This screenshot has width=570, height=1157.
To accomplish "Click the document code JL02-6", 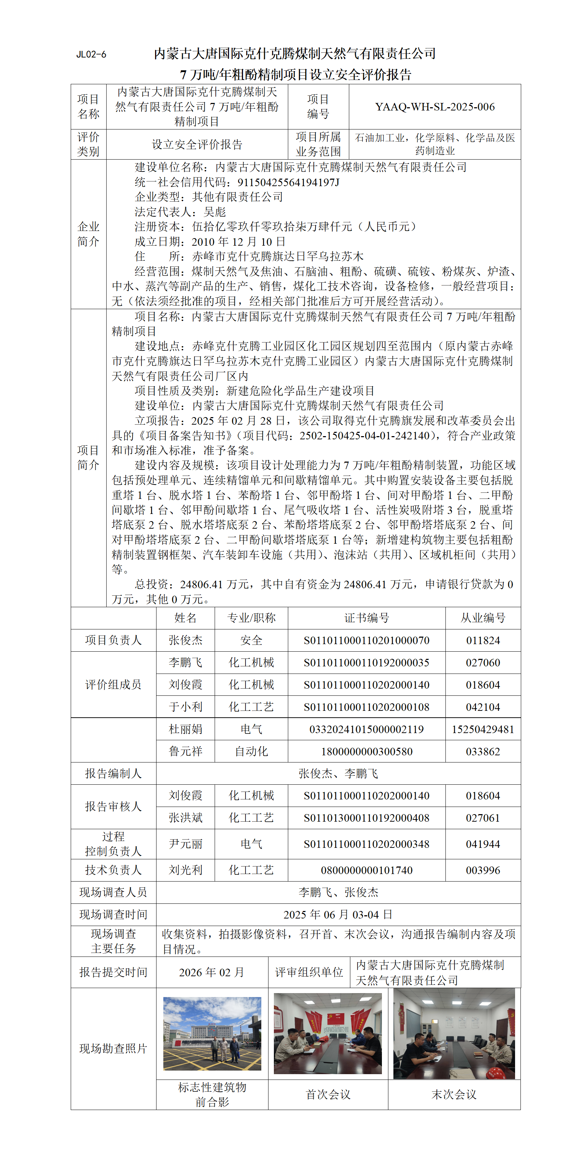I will point(91,55).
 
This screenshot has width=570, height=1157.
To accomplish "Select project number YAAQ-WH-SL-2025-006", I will point(434,107).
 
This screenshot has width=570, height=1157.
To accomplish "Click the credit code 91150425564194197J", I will point(288,182).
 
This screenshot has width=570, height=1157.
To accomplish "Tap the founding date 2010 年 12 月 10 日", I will point(238,242).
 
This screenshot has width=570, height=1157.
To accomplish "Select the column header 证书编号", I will point(366,618).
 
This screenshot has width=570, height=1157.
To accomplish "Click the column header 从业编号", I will point(483,618).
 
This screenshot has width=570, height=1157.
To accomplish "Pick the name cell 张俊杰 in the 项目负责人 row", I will point(185,640).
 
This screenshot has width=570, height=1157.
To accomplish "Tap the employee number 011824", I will point(483,640).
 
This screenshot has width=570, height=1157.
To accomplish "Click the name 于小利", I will point(185,707).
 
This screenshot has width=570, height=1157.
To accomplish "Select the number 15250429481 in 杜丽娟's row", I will point(483,729).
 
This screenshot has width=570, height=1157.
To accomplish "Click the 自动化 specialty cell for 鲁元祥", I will point(251,751).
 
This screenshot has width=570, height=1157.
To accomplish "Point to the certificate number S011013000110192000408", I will point(366,818).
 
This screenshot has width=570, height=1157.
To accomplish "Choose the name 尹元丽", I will point(185,844).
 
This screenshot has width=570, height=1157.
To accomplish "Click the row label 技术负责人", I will point(113,870).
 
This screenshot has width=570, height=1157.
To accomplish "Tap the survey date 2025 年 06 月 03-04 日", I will point(338,915).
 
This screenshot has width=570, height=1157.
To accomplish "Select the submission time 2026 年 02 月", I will point(212,972).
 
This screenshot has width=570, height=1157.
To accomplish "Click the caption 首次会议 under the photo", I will point(328,1095).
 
